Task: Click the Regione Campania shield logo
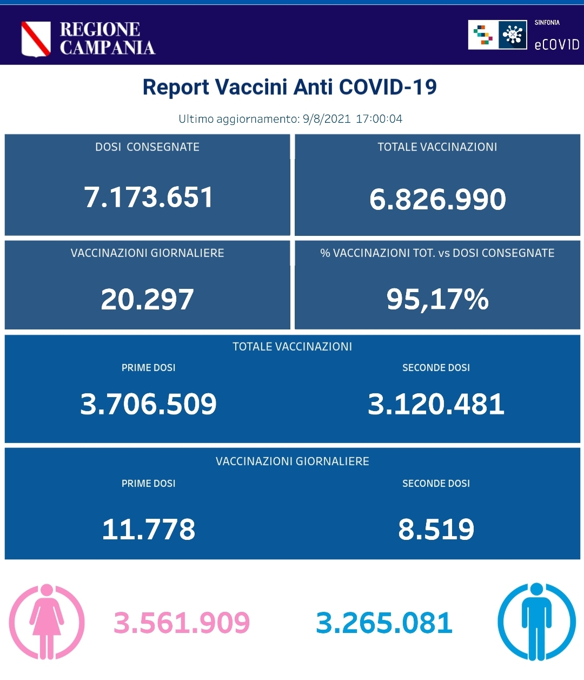[x=36, y=38]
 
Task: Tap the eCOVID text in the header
[x=556, y=45]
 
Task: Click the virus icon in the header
[x=512, y=35]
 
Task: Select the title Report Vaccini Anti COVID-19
[x=289, y=87]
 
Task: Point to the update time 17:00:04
[x=379, y=119]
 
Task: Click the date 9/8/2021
[x=327, y=119]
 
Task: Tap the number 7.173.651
[x=148, y=197]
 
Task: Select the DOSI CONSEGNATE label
[x=147, y=147]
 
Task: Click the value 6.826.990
[x=437, y=199]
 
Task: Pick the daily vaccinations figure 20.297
[x=147, y=299]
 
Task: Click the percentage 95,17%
[x=437, y=299]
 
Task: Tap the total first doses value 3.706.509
[x=148, y=404]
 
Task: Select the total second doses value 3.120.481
[x=436, y=404]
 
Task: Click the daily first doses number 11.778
[x=148, y=529]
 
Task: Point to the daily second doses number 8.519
[x=436, y=529]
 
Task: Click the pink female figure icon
[x=47, y=622]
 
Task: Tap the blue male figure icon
[x=536, y=622]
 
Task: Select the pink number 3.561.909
[x=182, y=623]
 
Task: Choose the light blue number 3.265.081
[x=384, y=623]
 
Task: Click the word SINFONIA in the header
[x=547, y=23]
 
